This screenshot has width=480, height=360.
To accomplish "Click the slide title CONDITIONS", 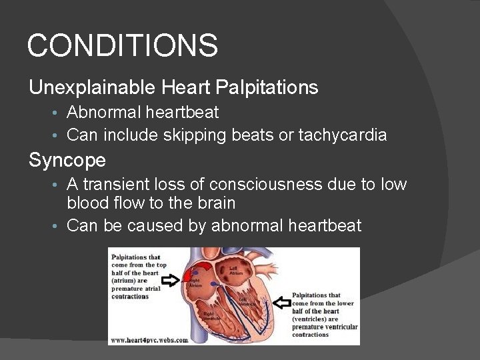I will pyautogui.click(x=122, y=46).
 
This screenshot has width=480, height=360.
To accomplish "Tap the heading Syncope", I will pyautogui.click(x=67, y=160).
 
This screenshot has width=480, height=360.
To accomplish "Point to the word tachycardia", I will pyautogui.click(x=342, y=135).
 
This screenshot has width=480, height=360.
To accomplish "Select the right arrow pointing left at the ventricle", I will pyautogui.click(x=281, y=304).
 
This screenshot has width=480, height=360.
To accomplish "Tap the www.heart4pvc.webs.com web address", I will pyautogui.click(x=149, y=339).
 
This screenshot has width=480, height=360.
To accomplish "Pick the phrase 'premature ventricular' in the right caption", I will pyautogui.click(x=325, y=327).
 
